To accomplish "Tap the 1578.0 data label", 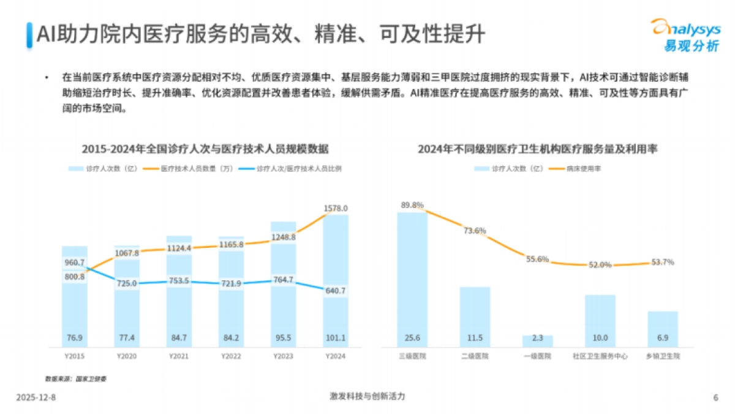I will (336, 208).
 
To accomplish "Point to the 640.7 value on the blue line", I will (335, 291).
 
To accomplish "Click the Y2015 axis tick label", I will (74, 356).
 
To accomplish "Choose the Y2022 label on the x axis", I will (231, 356).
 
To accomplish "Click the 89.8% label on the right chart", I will (412, 205).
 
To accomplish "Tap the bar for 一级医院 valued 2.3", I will (537, 340).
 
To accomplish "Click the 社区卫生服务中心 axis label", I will (600, 356).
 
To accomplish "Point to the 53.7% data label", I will (662, 262).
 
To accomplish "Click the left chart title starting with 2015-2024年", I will (206, 149).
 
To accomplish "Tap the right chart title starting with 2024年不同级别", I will (538, 149).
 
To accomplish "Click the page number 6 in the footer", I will (715, 397).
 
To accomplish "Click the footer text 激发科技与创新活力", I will (367, 397).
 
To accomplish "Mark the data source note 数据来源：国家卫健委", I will (76, 378).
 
